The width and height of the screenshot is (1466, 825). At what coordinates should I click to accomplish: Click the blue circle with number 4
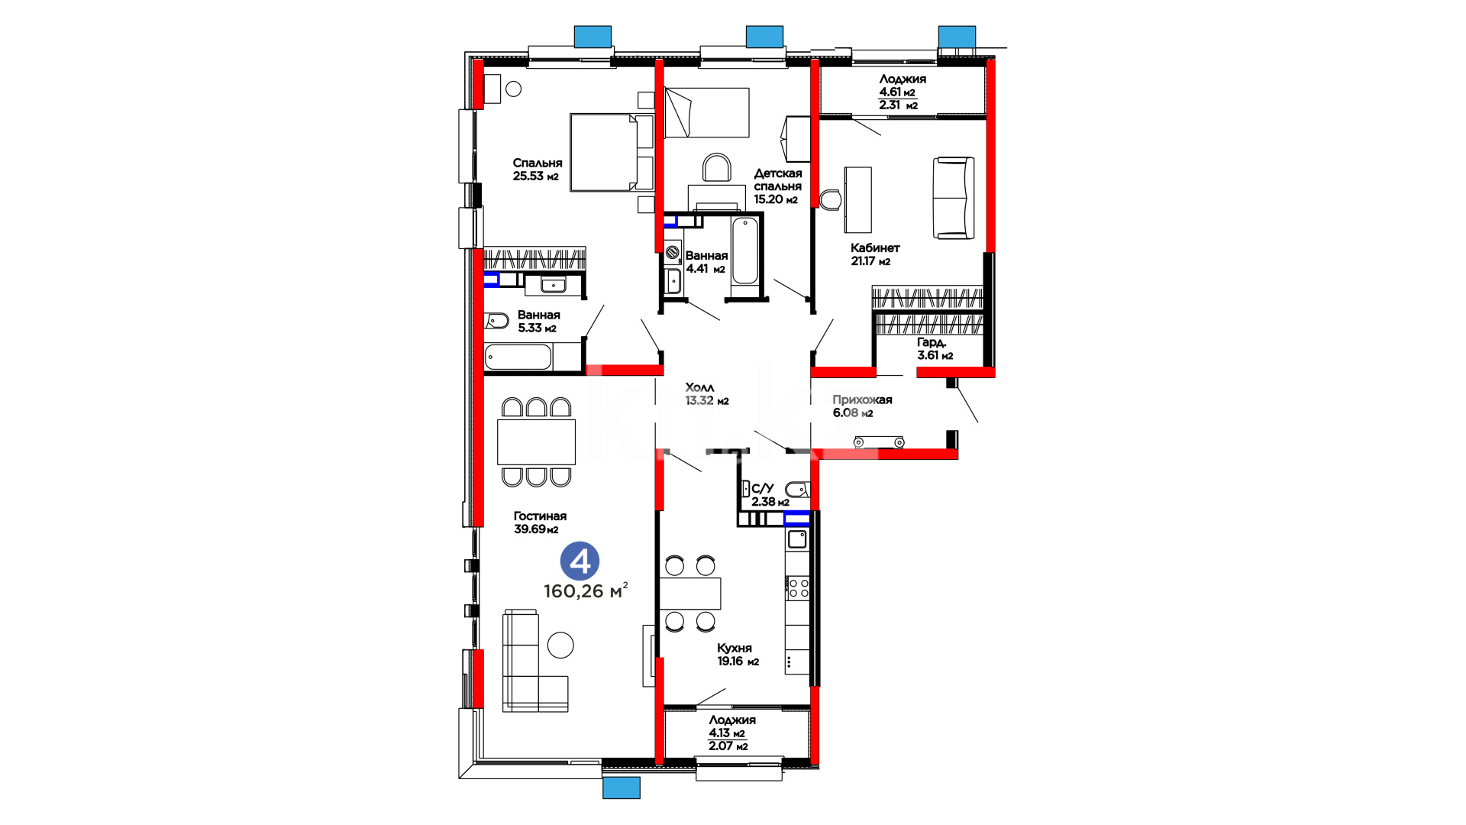click(x=580, y=561)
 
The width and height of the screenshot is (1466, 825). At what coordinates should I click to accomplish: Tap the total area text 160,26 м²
click(x=586, y=590)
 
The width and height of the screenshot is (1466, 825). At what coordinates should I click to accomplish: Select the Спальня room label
click(x=538, y=163)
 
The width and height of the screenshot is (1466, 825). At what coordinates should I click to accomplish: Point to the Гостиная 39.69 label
click(x=540, y=522)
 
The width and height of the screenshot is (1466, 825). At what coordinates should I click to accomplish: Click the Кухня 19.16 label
click(x=738, y=655)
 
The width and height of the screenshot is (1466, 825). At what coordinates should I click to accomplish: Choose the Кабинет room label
click(x=875, y=247)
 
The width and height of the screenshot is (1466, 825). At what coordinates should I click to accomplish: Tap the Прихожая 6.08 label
click(x=862, y=406)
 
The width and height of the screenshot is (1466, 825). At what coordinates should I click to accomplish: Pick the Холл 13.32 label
click(x=707, y=394)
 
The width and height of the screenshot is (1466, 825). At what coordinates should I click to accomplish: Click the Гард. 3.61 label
click(x=935, y=348)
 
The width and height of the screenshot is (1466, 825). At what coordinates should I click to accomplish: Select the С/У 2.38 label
click(x=770, y=495)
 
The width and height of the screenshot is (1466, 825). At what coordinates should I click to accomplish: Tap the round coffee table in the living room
click(x=560, y=645)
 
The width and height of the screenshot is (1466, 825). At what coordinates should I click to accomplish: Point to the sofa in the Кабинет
click(x=954, y=198)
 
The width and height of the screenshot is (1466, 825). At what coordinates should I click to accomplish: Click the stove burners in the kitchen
click(x=798, y=587)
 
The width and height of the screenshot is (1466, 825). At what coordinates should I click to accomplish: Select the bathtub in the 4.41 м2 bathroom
click(x=744, y=251)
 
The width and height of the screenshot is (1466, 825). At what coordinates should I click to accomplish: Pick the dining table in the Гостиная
click(x=536, y=442)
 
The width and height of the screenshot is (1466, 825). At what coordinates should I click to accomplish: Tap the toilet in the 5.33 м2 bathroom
click(x=496, y=321)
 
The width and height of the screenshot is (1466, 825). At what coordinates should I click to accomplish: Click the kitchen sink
click(x=798, y=539)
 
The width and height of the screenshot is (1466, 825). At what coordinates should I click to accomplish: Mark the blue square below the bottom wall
click(x=622, y=788)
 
